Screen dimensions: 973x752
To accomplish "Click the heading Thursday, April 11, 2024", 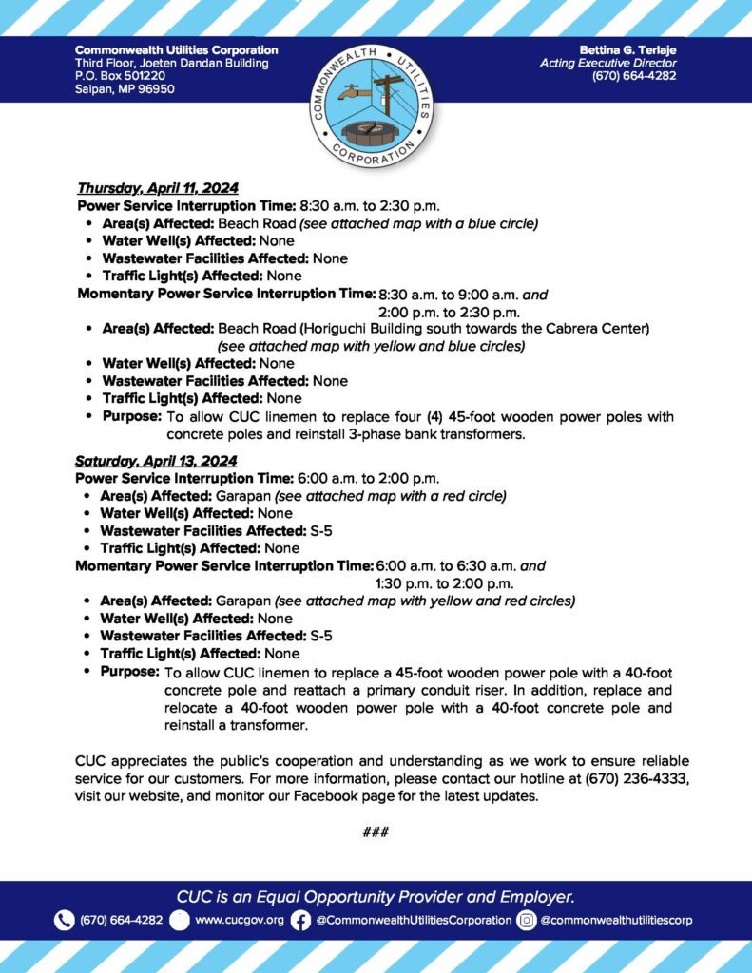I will click(x=157, y=187).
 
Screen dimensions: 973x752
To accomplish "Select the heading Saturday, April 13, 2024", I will click(x=156, y=461).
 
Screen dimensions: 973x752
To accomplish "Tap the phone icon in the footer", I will click(x=65, y=920).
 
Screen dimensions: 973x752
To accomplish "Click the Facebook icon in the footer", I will click(x=300, y=920).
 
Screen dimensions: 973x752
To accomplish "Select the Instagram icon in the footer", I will click(x=527, y=920).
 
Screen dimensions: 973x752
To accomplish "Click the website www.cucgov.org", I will click(x=239, y=920).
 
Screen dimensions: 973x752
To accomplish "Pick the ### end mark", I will click(x=376, y=832).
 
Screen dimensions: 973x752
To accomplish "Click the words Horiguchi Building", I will click(x=347, y=329).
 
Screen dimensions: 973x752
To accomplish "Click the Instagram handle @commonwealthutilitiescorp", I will click(x=616, y=920).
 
